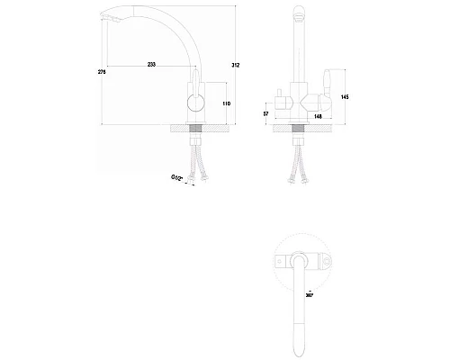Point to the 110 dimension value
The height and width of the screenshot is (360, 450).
coord(226,104)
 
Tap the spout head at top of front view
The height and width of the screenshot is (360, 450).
coord(300,15)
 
